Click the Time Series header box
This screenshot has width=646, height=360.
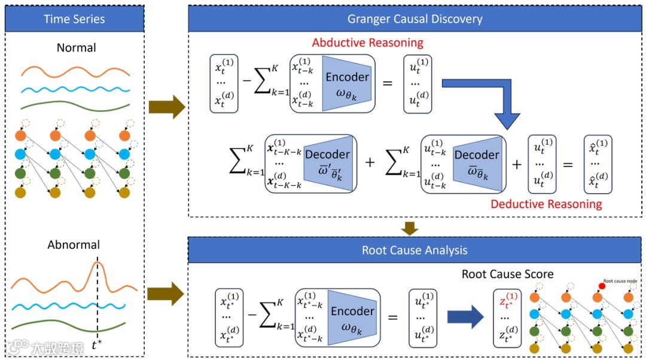point(74,19)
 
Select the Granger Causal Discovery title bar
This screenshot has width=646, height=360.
point(415,19)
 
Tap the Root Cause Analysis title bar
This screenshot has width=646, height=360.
point(415,250)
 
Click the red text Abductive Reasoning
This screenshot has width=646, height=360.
point(367,43)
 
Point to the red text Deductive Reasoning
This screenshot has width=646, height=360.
point(546,204)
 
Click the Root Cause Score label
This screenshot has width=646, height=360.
point(507,274)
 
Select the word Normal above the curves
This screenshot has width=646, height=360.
point(76,48)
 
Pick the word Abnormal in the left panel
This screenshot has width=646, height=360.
point(74,245)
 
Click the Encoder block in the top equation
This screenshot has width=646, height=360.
point(347,84)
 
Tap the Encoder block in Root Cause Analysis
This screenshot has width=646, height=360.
point(352,318)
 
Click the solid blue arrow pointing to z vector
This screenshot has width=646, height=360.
point(465,318)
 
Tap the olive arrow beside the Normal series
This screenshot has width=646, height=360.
point(166,106)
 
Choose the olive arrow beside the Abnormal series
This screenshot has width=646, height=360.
point(166,294)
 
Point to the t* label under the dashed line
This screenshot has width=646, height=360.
point(97,346)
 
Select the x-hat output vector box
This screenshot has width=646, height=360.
point(599,163)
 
